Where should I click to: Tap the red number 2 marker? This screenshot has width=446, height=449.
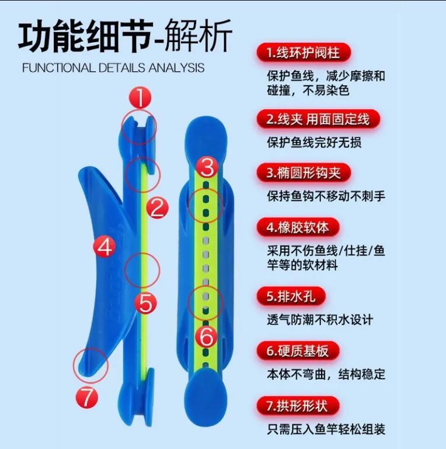tap(156, 208)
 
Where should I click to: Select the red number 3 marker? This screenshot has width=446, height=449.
tap(207, 168)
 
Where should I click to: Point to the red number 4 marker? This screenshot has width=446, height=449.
tap(104, 247)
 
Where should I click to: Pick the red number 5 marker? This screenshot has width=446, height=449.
tap(145, 303)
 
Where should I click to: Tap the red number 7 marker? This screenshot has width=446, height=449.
tap(87, 398)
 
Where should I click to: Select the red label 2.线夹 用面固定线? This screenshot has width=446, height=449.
tap(318, 119)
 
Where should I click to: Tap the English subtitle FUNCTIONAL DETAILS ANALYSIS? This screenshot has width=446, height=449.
tap(113, 68)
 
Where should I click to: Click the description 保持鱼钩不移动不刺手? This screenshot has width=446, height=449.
tap(326, 196)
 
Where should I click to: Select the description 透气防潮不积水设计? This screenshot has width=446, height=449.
tap(320, 320)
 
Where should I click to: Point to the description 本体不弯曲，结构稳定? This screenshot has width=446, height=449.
tap(326, 374)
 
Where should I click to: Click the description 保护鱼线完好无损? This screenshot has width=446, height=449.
tap(314, 142)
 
